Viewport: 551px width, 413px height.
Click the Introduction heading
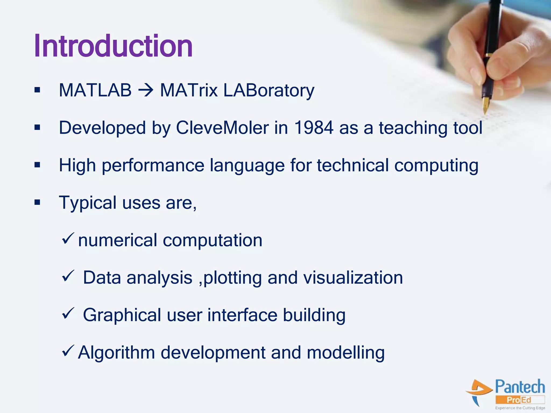113,46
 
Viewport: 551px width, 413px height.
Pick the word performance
153,166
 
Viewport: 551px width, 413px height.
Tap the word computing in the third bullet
436,166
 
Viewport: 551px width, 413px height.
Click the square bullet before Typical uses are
37,202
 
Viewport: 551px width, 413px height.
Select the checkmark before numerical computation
68,238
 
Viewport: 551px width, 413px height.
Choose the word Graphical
122,315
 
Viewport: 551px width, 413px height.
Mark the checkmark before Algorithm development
68,351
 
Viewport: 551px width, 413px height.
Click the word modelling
345,353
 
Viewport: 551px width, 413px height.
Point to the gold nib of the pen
486,105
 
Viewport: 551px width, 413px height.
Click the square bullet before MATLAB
37,90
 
